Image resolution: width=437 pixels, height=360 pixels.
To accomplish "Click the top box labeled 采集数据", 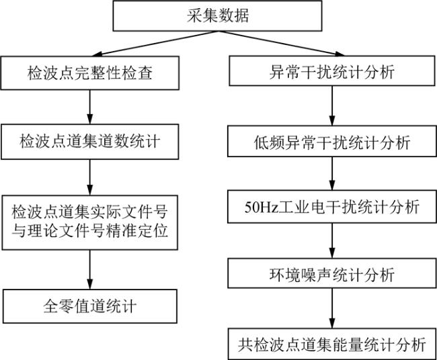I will coord(218,15).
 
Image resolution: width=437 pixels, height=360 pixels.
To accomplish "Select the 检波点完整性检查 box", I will coord(89,72).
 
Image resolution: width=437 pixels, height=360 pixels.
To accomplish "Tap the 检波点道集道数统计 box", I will coord(89,142).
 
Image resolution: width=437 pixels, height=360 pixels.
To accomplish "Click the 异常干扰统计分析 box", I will coord(331,72).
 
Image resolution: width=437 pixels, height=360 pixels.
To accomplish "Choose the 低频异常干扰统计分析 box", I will coord(331,142).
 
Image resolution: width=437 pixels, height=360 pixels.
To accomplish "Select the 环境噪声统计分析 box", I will coord(331,275).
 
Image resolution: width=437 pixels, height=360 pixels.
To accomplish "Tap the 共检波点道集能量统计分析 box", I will coord(331,345).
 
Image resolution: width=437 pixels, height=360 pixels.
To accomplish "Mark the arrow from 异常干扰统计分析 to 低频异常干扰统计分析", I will coord(331,107).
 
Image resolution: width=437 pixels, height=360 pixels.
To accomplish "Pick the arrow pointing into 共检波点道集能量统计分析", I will coord(331,310).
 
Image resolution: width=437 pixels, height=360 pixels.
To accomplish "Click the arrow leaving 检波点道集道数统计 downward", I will coord(89,176).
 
